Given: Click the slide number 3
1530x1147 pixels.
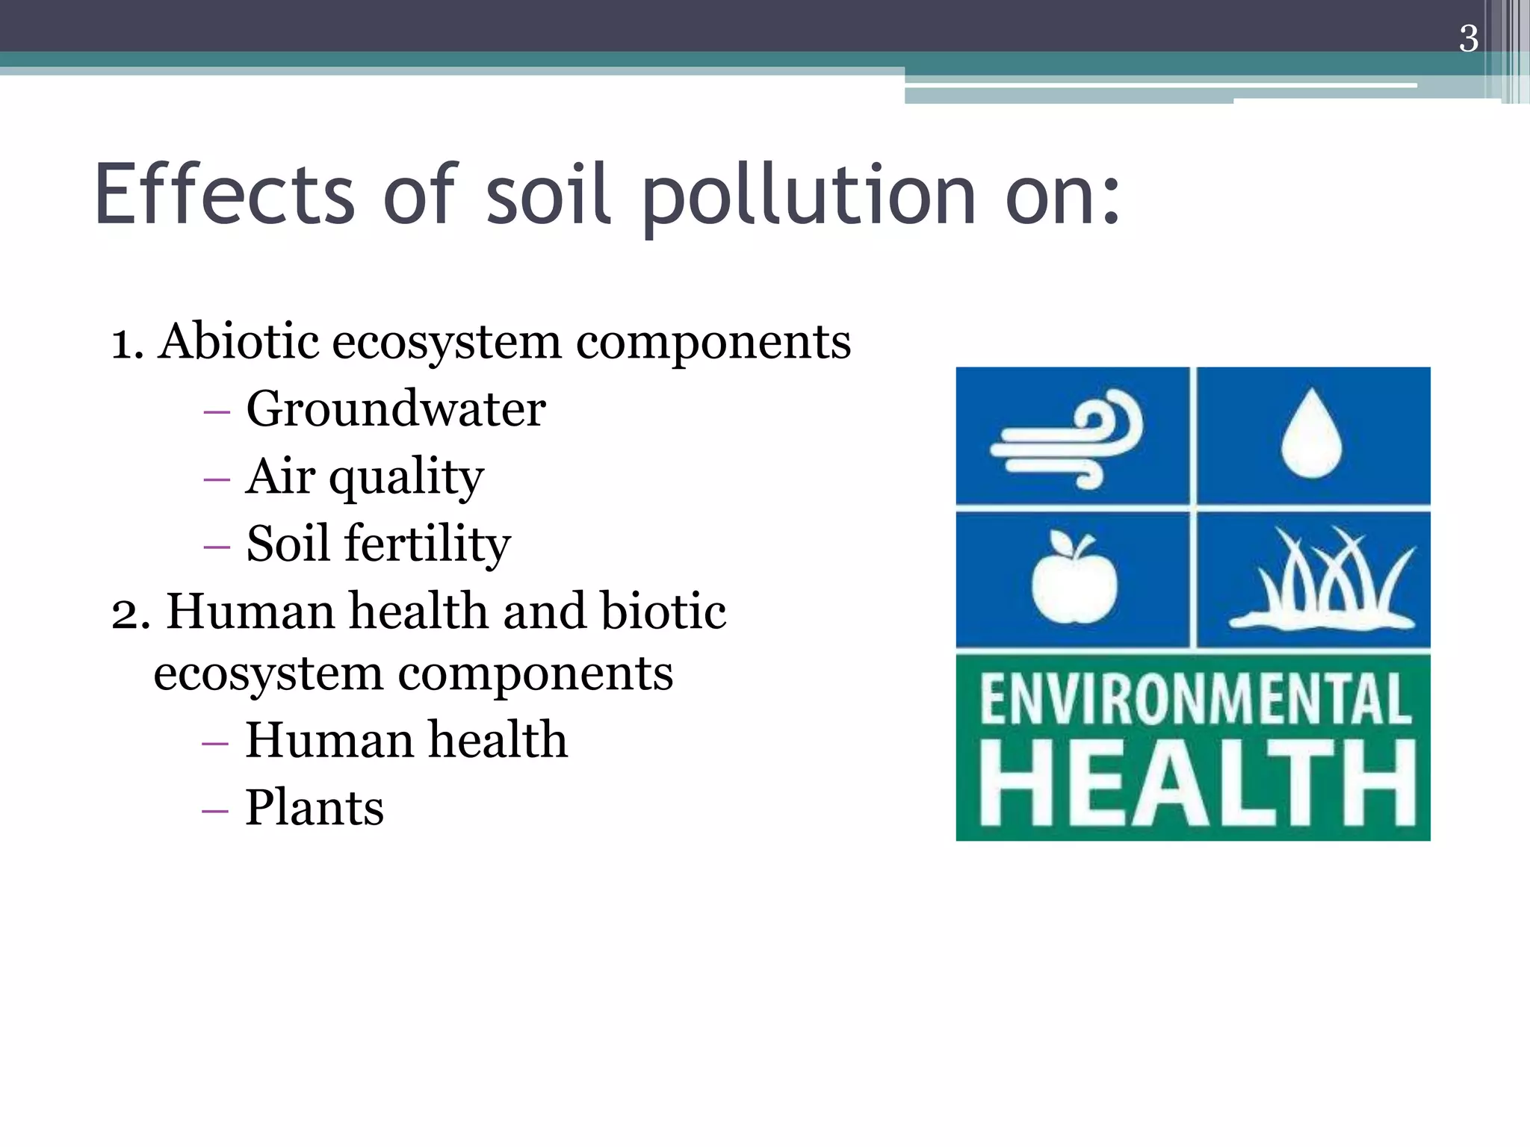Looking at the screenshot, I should pos(1467,39).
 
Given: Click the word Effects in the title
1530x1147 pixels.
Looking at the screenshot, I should pos(224,194).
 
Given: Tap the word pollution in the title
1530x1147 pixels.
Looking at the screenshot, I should pos(809,196).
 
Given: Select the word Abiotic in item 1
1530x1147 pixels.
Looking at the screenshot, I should pos(238,342).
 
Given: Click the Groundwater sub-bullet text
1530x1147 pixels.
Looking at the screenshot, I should pos(396,409).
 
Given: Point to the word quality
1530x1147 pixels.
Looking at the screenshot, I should pos(406,478).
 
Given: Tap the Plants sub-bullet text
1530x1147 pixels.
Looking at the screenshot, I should pos(315,808).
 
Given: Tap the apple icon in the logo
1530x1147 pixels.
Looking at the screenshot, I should pos(1074,576).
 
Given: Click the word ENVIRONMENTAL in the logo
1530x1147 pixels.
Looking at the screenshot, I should pos(1195,699).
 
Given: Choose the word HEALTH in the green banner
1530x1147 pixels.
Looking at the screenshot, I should pos(1197,784).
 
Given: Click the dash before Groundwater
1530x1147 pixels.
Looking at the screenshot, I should pos(216,411).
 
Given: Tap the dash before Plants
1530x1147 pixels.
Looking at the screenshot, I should pos(215,810).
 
